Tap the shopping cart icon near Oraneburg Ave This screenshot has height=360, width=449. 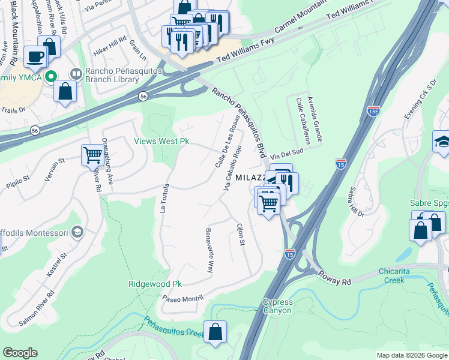pyautogui.click(x=92, y=155)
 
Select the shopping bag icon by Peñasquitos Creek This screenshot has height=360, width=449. pyautogui.click(x=215, y=331)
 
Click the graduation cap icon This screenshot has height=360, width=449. pyautogui.click(x=441, y=143)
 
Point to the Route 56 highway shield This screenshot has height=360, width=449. pyautogui.click(x=143, y=96)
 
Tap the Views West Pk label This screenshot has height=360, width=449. pyautogui.click(x=161, y=142)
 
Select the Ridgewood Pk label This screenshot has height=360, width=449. pyautogui.click(x=155, y=284)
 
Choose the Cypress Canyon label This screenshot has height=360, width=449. pyautogui.click(x=277, y=307)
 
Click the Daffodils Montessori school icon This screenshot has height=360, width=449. pyautogui.click(x=77, y=232)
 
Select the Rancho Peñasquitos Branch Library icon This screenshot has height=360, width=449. pyautogui.click(x=76, y=74)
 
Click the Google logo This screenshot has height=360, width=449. pyautogui.click(x=20, y=353)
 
